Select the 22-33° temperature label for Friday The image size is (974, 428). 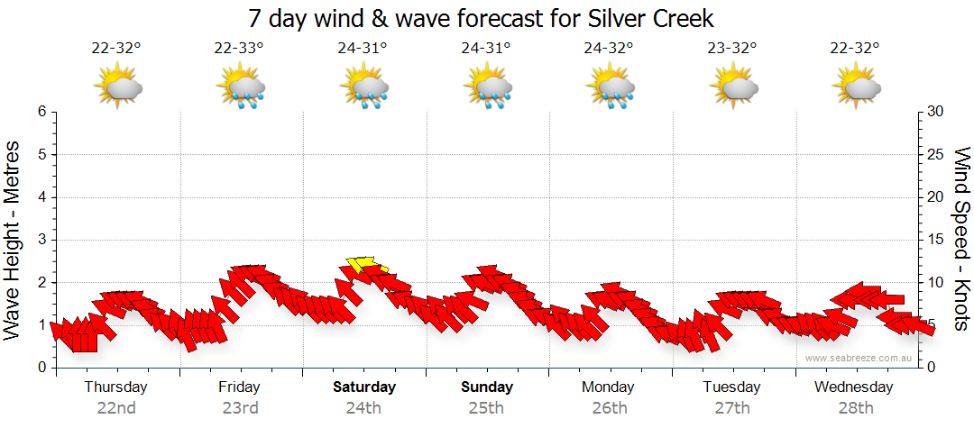pos(239,49)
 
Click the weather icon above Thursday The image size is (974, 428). pos(117,87)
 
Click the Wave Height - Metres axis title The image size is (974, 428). pos(14,239)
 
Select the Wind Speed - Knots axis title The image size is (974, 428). pos(961,239)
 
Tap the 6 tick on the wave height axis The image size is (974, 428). pos(41,112)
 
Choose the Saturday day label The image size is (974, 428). pos(364,387)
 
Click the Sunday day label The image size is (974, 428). pos(487,387)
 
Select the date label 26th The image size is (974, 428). pos(610,407)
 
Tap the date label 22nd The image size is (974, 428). pos(116,407)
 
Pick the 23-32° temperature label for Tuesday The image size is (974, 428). pos(732,49)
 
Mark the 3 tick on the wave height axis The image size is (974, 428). pos(41,240)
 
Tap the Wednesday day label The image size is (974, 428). pos(853,387)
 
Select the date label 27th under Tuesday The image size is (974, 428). pos(732,407)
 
